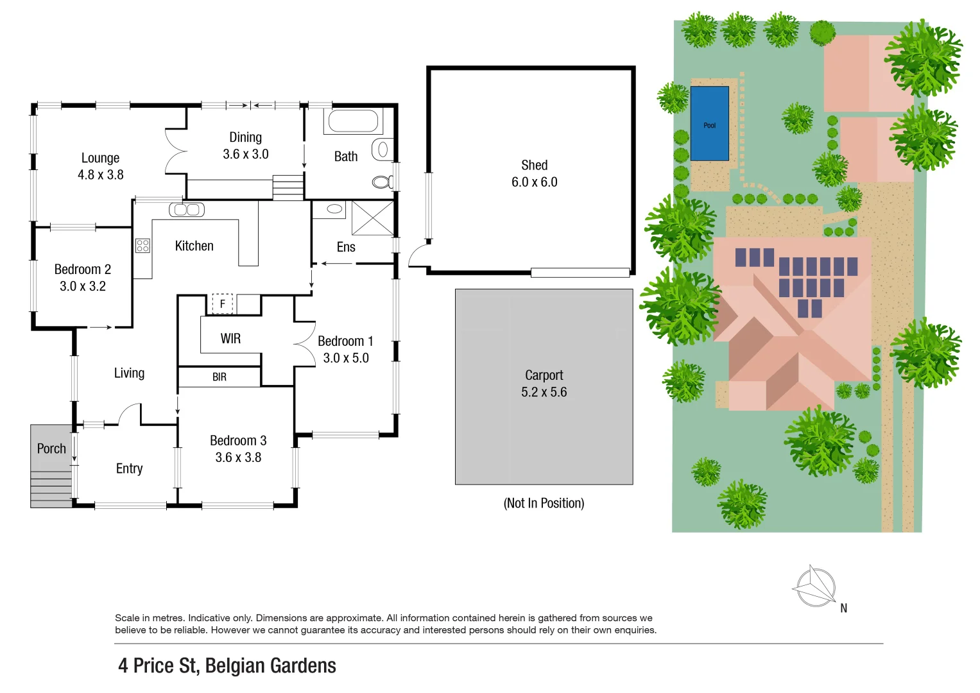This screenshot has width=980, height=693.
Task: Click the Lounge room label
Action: [100, 158]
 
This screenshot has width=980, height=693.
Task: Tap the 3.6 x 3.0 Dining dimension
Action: [245, 155]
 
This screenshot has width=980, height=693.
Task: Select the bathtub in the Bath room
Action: [353, 121]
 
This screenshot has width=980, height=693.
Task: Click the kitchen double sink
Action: [187, 209]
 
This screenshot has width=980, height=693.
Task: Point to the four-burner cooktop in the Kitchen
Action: [142, 245]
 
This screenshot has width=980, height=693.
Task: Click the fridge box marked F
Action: [222, 304]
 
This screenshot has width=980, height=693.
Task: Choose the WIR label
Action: [230, 339]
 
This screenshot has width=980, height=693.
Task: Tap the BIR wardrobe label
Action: [219, 377]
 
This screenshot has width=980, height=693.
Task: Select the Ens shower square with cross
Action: [372, 218]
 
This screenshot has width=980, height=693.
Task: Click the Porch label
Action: [51, 449]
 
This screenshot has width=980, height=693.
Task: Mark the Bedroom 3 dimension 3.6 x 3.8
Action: [238, 458]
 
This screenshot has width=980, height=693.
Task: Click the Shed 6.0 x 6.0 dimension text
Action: [534, 182]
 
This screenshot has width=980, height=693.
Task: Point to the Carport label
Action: [544, 375]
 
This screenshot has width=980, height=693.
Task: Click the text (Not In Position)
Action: [544, 503]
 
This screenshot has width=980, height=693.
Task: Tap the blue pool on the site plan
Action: [709, 124]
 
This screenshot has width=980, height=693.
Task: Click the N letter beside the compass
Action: [843, 608]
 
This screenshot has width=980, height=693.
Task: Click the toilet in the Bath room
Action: [382, 182]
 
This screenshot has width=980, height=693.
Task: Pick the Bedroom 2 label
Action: [82, 269]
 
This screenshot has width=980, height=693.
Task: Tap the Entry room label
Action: [129, 468]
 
